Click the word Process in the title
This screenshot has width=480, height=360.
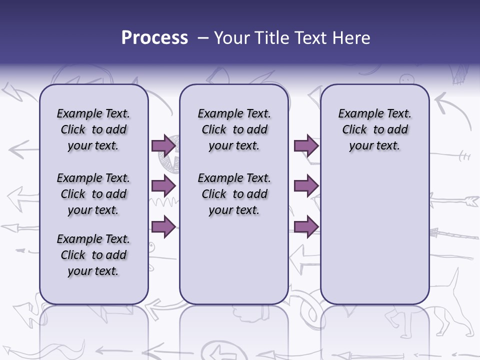154,38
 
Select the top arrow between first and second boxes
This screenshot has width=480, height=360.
163,145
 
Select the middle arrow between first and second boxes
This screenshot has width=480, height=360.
163,186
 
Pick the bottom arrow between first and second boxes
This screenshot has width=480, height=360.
163,226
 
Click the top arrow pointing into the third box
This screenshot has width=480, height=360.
306,145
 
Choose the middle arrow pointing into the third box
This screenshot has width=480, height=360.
306,186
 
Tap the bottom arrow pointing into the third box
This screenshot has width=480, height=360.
306,226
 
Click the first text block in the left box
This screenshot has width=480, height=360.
93,130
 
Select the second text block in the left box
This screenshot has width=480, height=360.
93,194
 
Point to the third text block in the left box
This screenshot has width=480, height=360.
93,255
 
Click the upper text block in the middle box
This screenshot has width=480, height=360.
234,130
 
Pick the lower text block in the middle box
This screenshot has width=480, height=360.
234,194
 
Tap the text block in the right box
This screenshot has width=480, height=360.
374,130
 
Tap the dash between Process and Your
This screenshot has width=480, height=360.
202,38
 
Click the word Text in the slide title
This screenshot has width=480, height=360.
308,38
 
